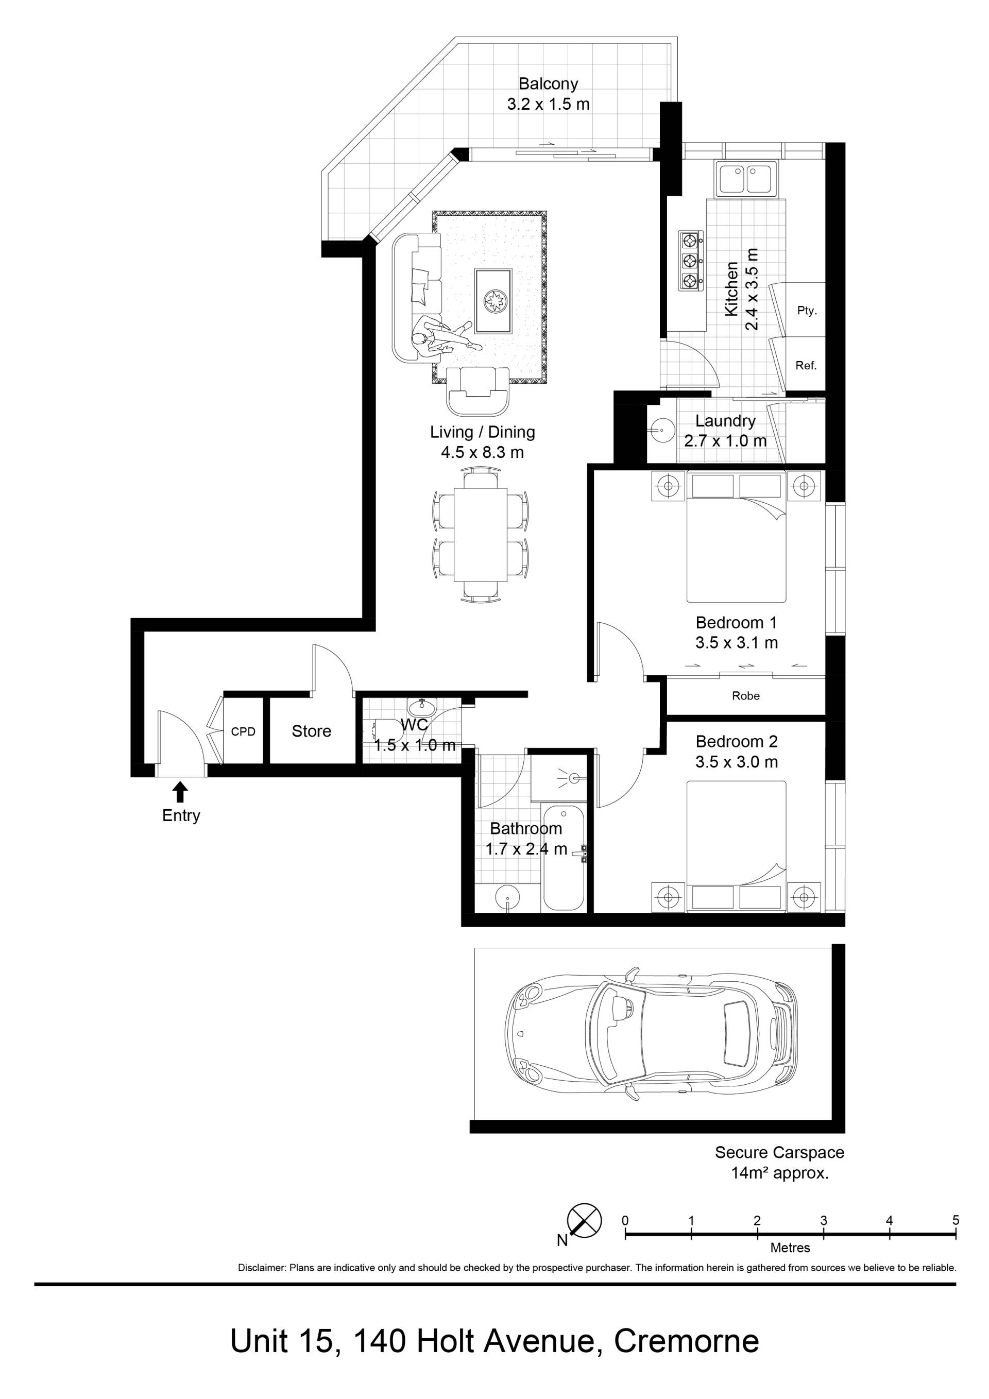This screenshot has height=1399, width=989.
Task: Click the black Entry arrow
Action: pyautogui.click(x=180, y=792)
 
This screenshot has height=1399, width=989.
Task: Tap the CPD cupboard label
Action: pyautogui.click(x=243, y=731)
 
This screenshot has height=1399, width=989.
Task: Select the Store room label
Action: pyautogui.click(x=312, y=731)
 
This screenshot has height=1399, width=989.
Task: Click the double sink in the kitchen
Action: pyautogui.click(x=747, y=180)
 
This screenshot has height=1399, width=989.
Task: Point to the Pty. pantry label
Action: pyautogui.click(x=807, y=311)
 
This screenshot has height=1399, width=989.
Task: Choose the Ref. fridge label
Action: pyautogui.click(x=806, y=366)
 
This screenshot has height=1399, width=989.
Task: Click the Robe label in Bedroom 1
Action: pyautogui.click(x=746, y=696)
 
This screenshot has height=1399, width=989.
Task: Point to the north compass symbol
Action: pyautogui.click(x=584, y=1220)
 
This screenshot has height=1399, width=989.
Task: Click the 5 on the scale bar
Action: pyautogui.click(x=956, y=1220)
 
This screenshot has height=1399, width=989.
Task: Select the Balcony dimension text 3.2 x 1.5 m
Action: pyautogui.click(x=549, y=104)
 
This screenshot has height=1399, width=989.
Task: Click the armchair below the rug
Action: pyautogui.click(x=479, y=390)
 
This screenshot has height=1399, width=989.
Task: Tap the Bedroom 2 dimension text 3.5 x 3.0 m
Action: pyautogui.click(x=737, y=762)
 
